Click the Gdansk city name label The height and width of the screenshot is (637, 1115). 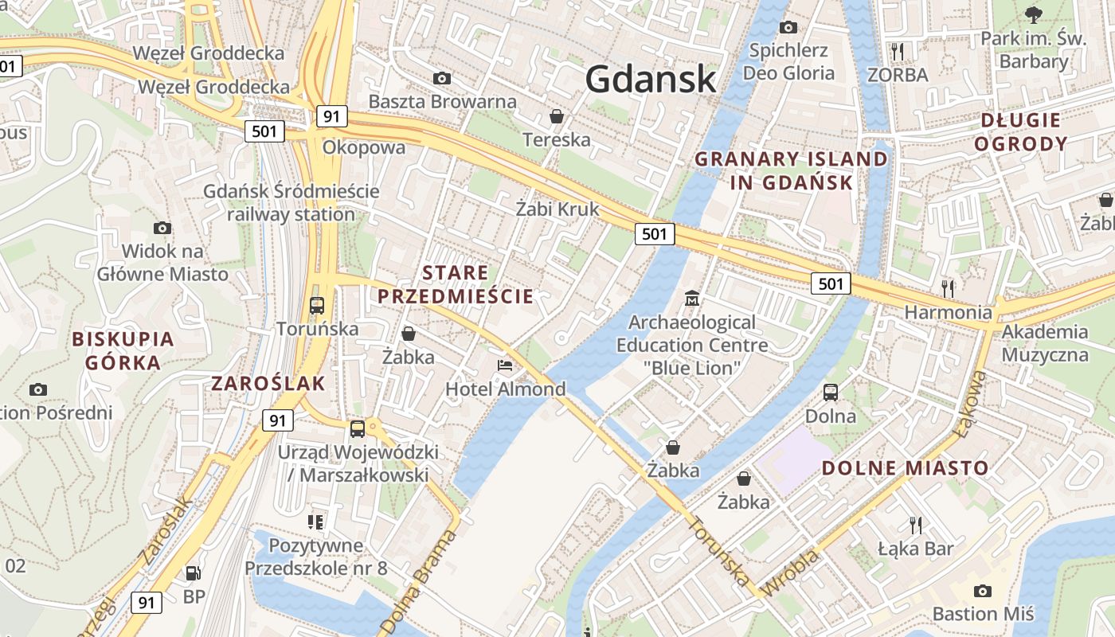[x=651, y=79]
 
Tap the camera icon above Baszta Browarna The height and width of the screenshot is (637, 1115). [x=441, y=78]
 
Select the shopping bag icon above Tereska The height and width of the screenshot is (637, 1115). [x=557, y=116]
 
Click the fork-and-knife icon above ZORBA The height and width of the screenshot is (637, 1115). [x=898, y=52]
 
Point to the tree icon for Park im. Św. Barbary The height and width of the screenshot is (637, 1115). [x=1033, y=14]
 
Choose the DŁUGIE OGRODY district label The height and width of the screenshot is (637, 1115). [x=1020, y=132]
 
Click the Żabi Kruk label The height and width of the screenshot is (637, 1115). [x=557, y=209]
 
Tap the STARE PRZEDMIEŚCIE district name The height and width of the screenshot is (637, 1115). [x=455, y=284]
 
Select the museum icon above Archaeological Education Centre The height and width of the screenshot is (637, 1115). [x=692, y=299]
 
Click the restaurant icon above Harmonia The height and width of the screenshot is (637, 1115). [x=947, y=287]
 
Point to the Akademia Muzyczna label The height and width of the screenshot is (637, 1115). [x=1044, y=343]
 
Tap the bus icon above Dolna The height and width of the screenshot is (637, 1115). [x=831, y=393]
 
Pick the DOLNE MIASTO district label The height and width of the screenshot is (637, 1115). [x=905, y=468]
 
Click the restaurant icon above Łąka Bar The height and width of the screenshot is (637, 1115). [x=916, y=525]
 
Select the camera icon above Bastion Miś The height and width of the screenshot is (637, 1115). [x=983, y=591]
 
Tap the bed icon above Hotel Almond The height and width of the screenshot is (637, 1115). [x=505, y=365]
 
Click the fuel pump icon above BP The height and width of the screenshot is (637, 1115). [x=193, y=573]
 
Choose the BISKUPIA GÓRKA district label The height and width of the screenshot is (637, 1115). [x=123, y=350]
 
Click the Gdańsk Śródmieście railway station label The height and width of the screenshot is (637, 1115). [x=291, y=203]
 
